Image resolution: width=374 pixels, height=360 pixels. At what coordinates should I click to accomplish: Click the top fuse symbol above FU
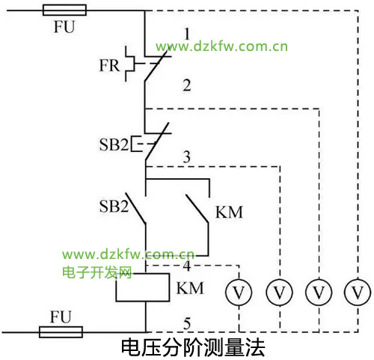click(x=64, y=10)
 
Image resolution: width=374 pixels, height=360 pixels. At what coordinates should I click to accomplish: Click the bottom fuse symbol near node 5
click(x=61, y=332)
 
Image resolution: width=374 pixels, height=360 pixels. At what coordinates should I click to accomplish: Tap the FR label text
click(x=109, y=66)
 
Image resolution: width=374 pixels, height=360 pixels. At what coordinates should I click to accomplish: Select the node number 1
click(x=187, y=34)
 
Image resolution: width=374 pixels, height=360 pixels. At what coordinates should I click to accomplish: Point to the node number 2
click(x=187, y=85)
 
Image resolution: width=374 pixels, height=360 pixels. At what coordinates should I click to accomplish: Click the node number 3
click(x=186, y=156)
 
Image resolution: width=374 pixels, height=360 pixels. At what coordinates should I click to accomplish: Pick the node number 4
click(x=187, y=266)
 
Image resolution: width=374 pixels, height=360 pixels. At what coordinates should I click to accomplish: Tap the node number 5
click(x=187, y=323)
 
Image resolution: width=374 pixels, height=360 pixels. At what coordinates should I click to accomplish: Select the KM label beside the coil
click(x=190, y=288)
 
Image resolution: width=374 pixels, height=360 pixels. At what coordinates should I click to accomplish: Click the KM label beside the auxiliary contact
click(x=229, y=213)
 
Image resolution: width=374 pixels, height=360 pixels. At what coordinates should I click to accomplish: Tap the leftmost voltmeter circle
click(x=239, y=292)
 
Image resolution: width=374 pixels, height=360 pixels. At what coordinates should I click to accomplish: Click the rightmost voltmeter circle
click(x=358, y=292)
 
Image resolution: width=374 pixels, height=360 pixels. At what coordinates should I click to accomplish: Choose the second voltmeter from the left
click(x=279, y=292)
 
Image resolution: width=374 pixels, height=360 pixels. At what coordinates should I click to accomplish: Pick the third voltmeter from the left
click(x=319, y=292)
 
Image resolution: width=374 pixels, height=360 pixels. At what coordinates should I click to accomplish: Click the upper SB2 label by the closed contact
click(x=114, y=144)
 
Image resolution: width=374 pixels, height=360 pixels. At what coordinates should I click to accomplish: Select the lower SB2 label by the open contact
click(x=114, y=207)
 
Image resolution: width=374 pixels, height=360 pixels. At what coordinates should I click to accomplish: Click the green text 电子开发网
click(x=96, y=272)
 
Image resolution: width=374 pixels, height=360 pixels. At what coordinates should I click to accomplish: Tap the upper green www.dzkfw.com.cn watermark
click(x=221, y=46)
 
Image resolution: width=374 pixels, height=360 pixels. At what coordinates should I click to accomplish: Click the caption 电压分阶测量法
click(x=193, y=347)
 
